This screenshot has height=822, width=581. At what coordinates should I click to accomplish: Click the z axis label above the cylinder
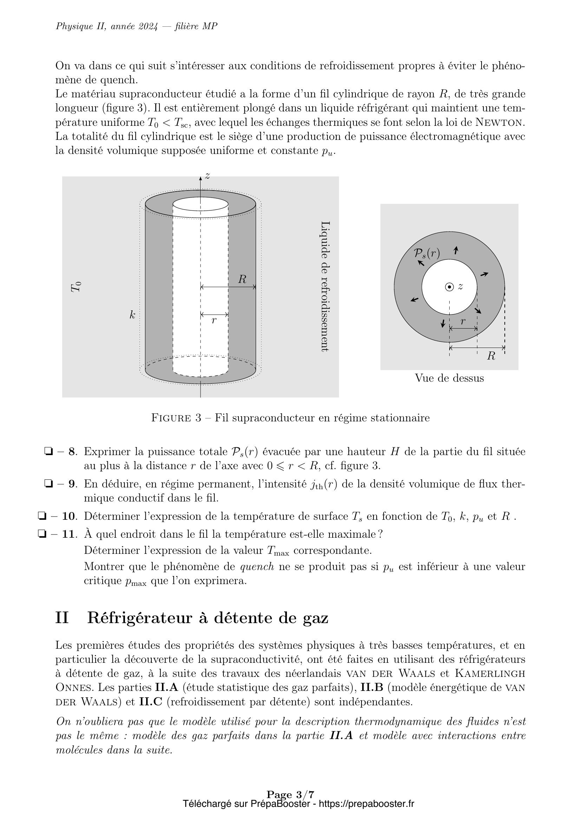[x=207, y=175]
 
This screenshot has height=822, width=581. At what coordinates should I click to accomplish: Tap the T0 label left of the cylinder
[x=76, y=287]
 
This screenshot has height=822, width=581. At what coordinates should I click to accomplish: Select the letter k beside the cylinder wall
[x=132, y=315]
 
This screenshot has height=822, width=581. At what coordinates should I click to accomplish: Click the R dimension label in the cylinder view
[x=242, y=280]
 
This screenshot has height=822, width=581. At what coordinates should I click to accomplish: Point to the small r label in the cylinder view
[x=214, y=321]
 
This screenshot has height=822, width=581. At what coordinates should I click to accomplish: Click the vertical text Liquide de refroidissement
[x=325, y=286]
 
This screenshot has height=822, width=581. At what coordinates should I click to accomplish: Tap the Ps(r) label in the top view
[x=426, y=253]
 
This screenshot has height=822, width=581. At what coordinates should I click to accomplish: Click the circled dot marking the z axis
[x=449, y=287]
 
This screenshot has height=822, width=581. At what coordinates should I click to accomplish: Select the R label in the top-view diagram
[x=491, y=356]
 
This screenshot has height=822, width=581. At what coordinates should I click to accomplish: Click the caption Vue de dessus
[x=449, y=378]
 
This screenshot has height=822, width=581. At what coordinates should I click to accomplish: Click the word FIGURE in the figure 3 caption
[x=171, y=418]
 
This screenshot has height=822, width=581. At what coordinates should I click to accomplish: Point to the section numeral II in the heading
[x=62, y=618]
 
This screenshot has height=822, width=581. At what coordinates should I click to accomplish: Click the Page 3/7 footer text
[x=290, y=804]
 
